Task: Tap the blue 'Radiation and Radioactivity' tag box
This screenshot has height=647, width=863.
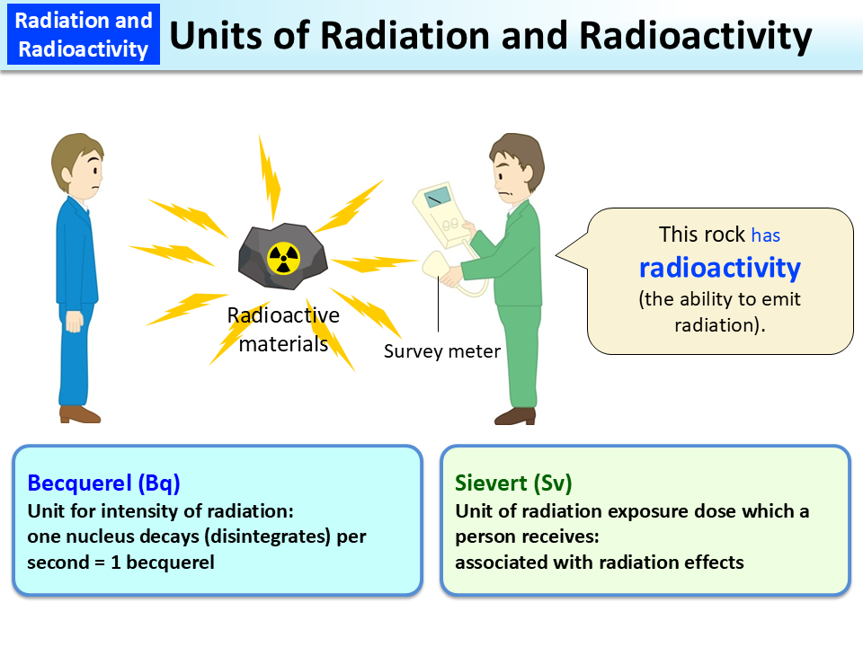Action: pos(83,34)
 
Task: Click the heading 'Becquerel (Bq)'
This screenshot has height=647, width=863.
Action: pos(104,483)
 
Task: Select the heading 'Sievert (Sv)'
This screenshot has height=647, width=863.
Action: pos(513,483)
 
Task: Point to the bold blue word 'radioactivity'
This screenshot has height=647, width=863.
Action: pos(719,267)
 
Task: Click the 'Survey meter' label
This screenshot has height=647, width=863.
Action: pos(441,351)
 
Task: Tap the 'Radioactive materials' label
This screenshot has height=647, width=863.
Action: pos(283,329)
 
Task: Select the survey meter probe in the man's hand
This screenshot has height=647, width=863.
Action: pos(434,267)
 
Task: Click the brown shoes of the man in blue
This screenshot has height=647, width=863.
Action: pos(80,414)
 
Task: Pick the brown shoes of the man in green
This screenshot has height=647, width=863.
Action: pos(515,415)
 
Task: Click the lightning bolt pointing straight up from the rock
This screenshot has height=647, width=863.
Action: pos(269,176)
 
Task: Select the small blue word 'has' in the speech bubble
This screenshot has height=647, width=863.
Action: pos(766,235)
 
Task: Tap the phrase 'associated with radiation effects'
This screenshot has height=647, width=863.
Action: pos(600,563)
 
